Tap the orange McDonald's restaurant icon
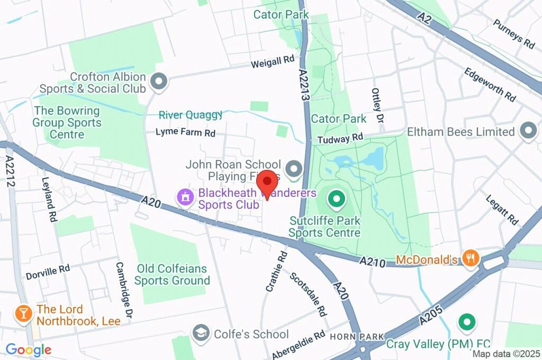470,258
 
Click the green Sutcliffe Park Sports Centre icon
335,200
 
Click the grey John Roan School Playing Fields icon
293,169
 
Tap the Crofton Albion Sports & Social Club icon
158,82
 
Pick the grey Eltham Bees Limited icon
528,131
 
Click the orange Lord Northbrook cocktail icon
24,313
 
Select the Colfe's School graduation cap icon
201,333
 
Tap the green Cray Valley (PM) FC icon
466,321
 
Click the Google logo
29,349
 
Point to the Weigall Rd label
273,62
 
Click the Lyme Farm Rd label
185,133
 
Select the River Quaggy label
191,115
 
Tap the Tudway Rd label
340,139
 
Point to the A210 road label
372,261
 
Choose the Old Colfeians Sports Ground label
172,274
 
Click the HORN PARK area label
350,337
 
